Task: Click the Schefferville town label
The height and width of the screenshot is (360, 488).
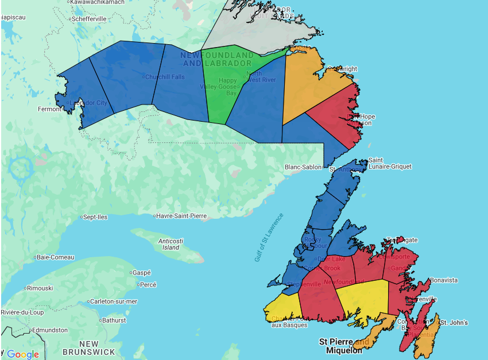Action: [x=89, y=19]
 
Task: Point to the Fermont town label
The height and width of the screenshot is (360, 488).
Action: [x=49, y=109]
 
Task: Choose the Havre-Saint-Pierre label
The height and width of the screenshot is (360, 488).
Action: [x=181, y=216]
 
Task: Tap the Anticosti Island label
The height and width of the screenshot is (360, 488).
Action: [x=171, y=244]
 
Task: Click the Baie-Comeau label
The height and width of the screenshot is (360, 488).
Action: [x=55, y=257]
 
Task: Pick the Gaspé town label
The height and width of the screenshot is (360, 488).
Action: [x=141, y=273]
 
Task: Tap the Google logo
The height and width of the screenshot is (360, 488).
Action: [x=23, y=354]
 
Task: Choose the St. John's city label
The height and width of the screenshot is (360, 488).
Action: [x=454, y=323]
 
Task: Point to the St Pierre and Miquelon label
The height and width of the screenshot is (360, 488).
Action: [x=344, y=346]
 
